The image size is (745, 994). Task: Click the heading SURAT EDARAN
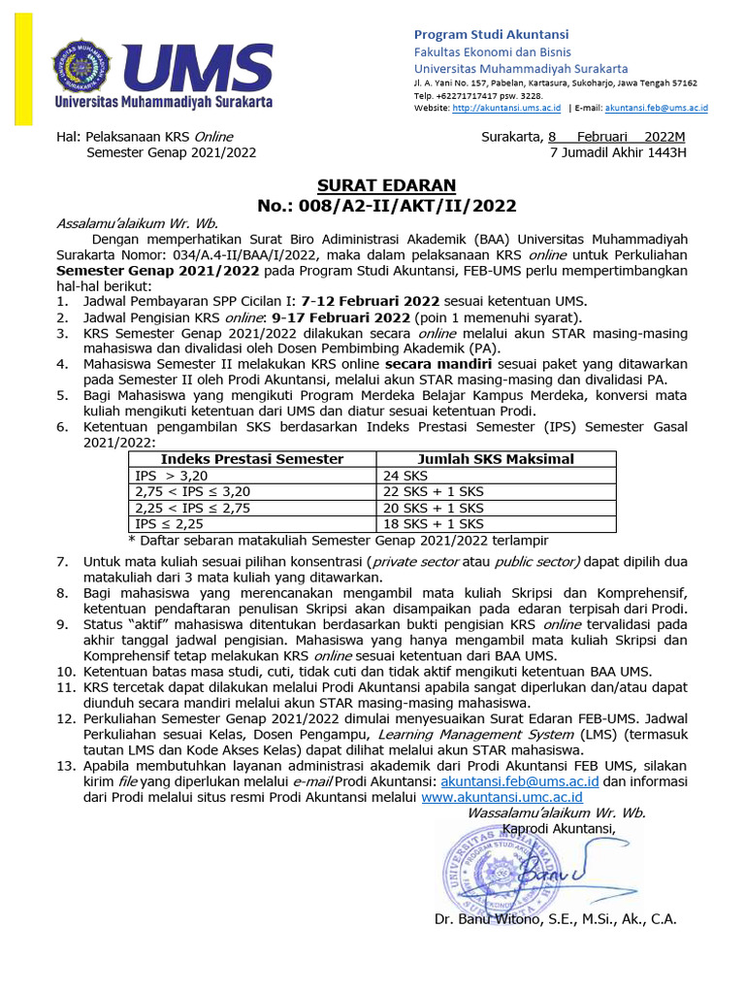click(x=386, y=185)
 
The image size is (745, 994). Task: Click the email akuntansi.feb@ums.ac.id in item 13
click(x=519, y=780)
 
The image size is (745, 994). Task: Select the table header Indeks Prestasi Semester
click(x=251, y=459)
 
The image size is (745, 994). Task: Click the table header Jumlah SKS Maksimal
click(x=496, y=459)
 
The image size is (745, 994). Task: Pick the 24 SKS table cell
click(x=405, y=476)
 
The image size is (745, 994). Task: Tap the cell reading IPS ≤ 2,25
click(x=170, y=523)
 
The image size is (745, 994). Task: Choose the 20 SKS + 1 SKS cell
click(x=434, y=508)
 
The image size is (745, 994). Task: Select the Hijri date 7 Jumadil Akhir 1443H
click(x=617, y=152)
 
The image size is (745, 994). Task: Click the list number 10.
click(x=63, y=671)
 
